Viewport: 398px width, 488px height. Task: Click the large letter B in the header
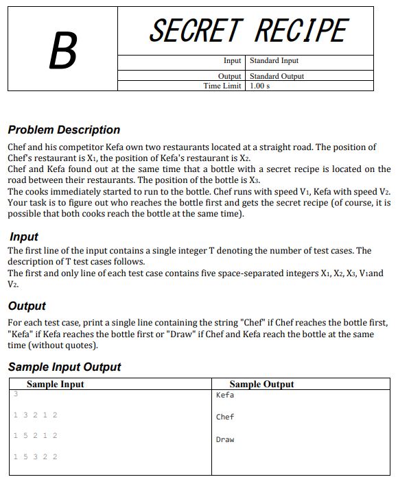point(62,50)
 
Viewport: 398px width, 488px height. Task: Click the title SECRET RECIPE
point(248,31)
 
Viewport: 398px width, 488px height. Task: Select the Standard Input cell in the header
point(274,61)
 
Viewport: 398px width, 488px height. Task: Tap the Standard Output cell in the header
point(277,76)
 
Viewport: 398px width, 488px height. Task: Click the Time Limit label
point(222,86)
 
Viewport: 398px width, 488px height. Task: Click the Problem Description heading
point(64,130)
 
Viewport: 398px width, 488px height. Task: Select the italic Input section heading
point(24,237)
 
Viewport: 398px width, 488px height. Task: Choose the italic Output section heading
point(27,306)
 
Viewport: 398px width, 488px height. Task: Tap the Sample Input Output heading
point(64,367)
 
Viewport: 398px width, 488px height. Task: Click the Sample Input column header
point(55,385)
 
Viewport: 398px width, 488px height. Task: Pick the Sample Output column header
point(261,385)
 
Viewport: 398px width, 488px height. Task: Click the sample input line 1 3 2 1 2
point(35,415)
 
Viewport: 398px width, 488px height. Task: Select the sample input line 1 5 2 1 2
point(35,435)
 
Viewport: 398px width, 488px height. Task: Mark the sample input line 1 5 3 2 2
point(35,456)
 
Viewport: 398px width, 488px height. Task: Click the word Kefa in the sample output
point(225,395)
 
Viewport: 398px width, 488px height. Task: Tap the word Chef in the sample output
point(225,417)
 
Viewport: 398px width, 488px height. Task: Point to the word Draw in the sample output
point(225,439)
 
